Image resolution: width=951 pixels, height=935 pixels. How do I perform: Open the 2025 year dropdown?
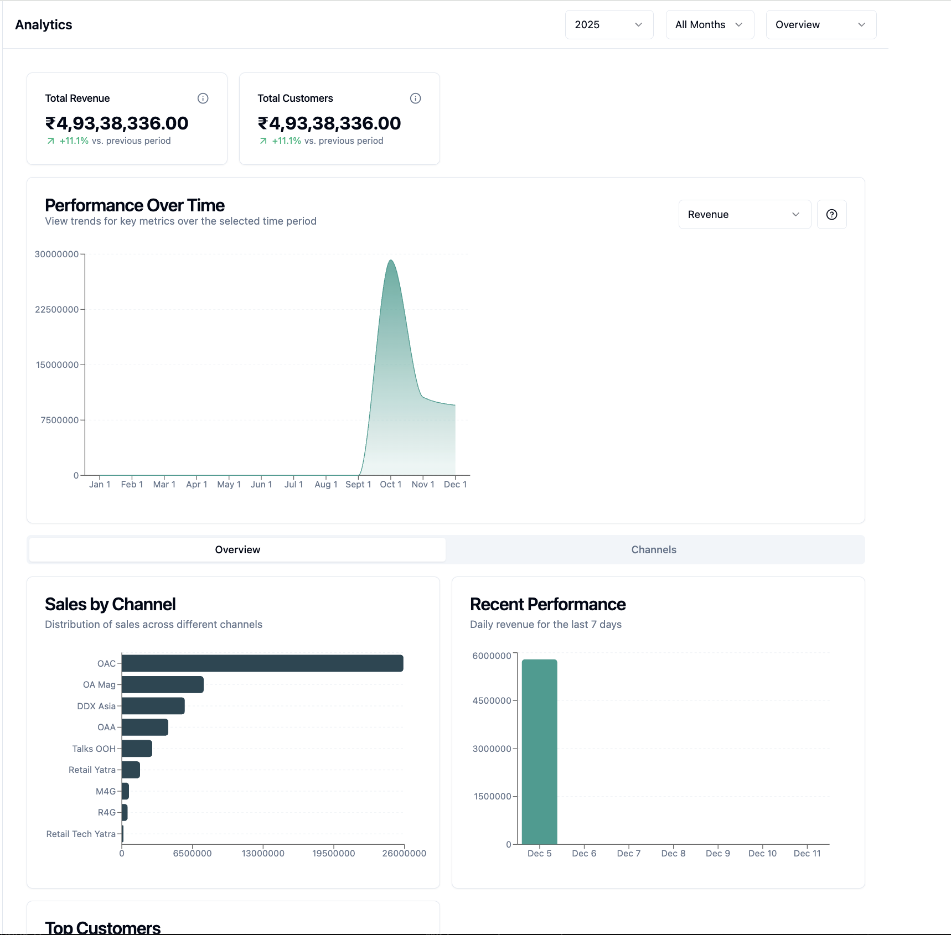608,25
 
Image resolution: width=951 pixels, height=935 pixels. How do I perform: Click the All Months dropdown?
709,25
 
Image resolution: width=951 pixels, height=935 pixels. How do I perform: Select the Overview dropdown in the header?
820,25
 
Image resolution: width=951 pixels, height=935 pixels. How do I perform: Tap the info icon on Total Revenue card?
203,98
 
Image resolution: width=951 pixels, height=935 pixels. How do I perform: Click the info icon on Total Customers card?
415,98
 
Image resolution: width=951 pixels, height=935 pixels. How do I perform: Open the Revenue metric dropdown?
744,215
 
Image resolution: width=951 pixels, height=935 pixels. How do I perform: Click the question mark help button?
831,215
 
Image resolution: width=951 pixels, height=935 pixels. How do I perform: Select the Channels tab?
654,550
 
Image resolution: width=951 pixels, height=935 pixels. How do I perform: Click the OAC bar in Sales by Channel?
262,663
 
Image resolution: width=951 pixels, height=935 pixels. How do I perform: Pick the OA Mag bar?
163,685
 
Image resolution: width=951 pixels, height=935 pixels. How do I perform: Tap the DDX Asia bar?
153,706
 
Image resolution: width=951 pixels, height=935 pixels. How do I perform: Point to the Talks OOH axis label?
94,749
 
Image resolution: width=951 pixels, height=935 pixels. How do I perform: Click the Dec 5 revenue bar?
539,751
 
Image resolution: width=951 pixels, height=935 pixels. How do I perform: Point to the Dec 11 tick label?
807,854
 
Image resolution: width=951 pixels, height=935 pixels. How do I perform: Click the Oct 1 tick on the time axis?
390,485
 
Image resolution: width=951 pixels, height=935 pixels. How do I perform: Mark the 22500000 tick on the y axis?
56,310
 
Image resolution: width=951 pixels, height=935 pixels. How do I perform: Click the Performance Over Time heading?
135,205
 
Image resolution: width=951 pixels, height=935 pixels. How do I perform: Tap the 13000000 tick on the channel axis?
263,854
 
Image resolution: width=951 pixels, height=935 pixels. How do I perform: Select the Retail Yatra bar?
131,770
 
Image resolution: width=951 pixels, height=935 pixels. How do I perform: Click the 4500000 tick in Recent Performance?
492,701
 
